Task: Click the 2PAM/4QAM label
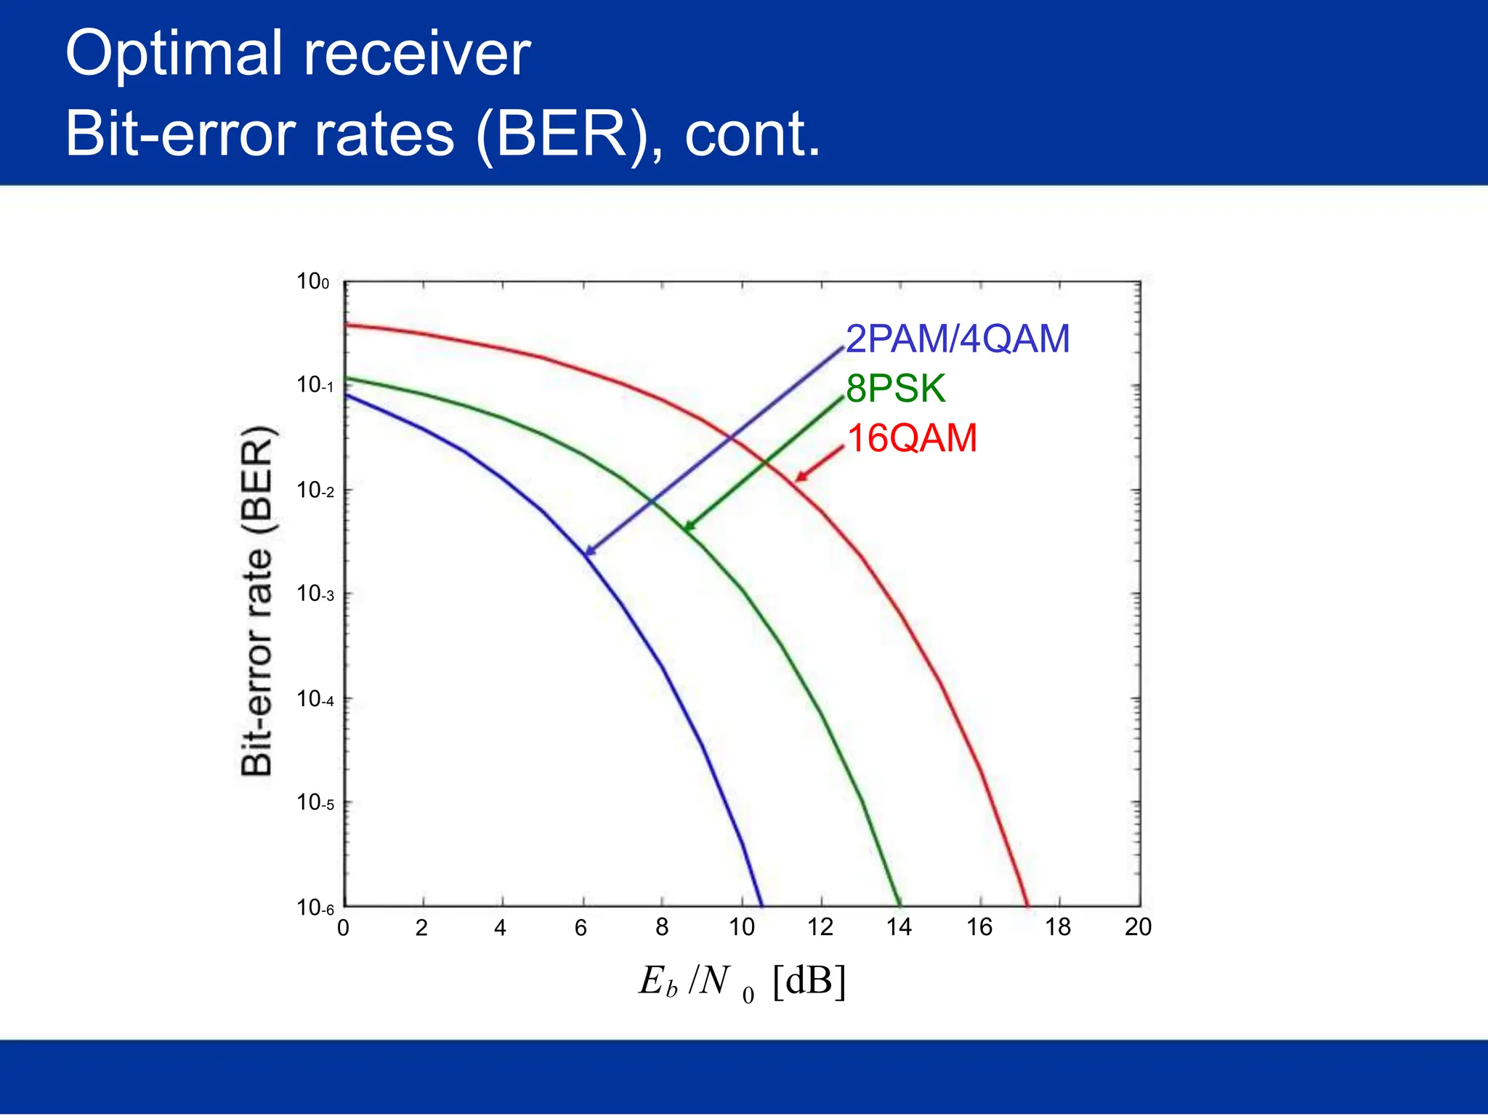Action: pyautogui.click(x=958, y=339)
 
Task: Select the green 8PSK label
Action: pyautogui.click(x=895, y=389)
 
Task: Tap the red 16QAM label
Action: pyautogui.click(x=913, y=438)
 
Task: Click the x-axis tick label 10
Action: pyautogui.click(x=741, y=927)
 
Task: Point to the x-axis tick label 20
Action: pyautogui.click(x=1138, y=927)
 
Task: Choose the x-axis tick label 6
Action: pyautogui.click(x=581, y=928)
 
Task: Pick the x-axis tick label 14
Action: pyautogui.click(x=899, y=927)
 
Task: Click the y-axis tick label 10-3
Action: pyautogui.click(x=315, y=594)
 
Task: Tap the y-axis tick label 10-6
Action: pyautogui.click(x=315, y=907)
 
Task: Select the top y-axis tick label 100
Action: pyautogui.click(x=312, y=281)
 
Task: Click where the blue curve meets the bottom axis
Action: pyautogui.click(x=761, y=905)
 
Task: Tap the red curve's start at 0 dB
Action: pyautogui.click(x=345, y=325)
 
